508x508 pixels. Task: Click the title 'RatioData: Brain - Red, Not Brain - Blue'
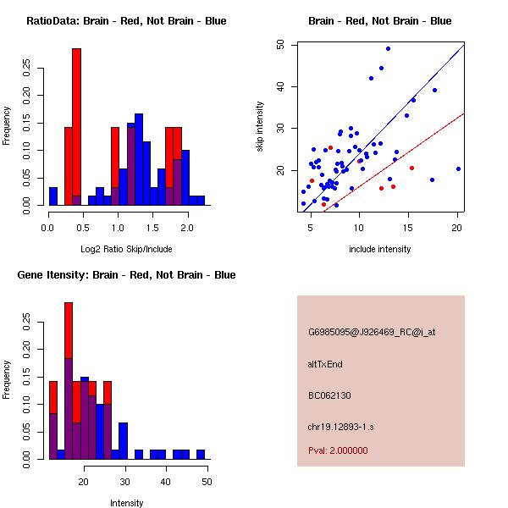click(x=126, y=20)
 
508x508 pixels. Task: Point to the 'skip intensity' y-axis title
click(x=261, y=127)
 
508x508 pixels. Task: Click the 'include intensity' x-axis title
click(x=380, y=250)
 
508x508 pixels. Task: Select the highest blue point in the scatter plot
click(x=388, y=48)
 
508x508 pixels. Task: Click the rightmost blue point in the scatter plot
click(x=458, y=168)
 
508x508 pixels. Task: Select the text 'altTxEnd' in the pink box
click(x=325, y=364)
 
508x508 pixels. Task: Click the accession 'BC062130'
click(x=329, y=395)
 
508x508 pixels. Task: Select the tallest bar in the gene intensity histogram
click(x=69, y=381)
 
